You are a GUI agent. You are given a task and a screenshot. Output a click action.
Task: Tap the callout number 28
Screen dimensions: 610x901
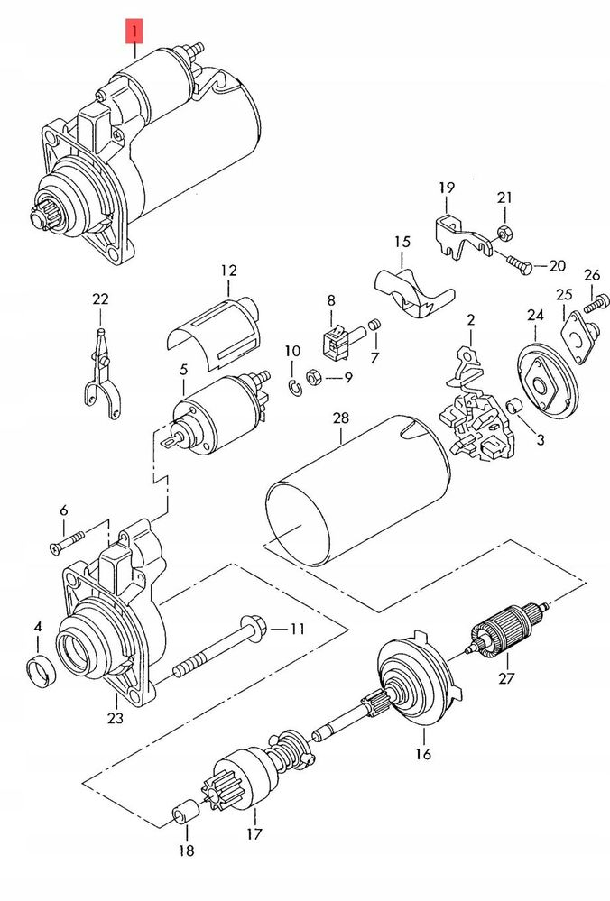[x=341, y=418]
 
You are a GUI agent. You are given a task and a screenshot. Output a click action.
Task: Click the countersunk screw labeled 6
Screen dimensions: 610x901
[x=68, y=541]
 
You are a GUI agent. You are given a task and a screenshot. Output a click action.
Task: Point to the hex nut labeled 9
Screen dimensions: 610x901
[x=313, y=378]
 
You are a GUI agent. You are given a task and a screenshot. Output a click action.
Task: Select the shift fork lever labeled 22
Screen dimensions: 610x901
[x=102, y=374]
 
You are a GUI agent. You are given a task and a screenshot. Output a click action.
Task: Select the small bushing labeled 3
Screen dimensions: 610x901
[x=513, y=405]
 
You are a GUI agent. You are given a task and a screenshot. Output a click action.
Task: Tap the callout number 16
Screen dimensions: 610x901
[x=422, y=753]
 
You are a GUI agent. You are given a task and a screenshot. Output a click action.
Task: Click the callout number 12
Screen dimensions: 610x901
[x=228, y=270]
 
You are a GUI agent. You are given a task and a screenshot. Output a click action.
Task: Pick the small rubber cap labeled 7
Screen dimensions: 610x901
[x=374, y=325]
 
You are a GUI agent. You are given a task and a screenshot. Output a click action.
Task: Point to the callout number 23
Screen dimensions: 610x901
[x=115, y=718]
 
